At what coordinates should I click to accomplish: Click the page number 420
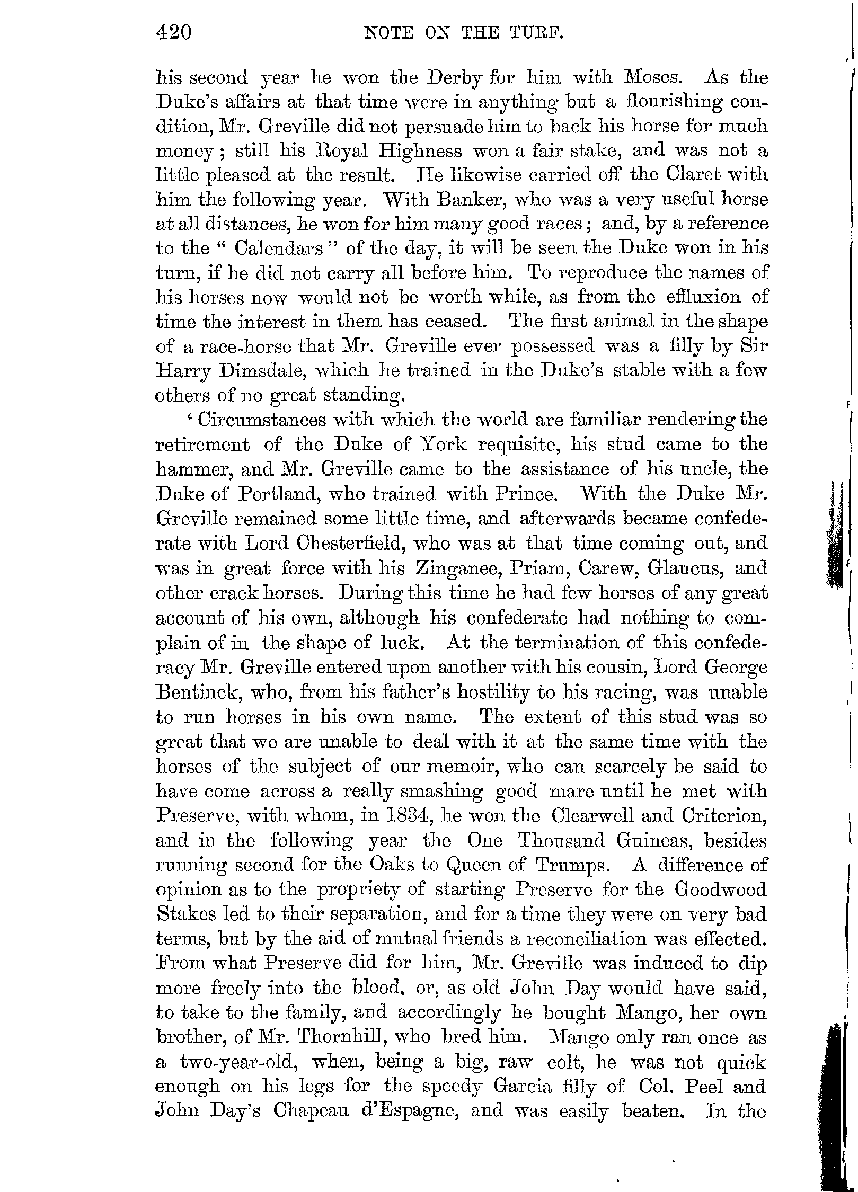pos(173,34)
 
